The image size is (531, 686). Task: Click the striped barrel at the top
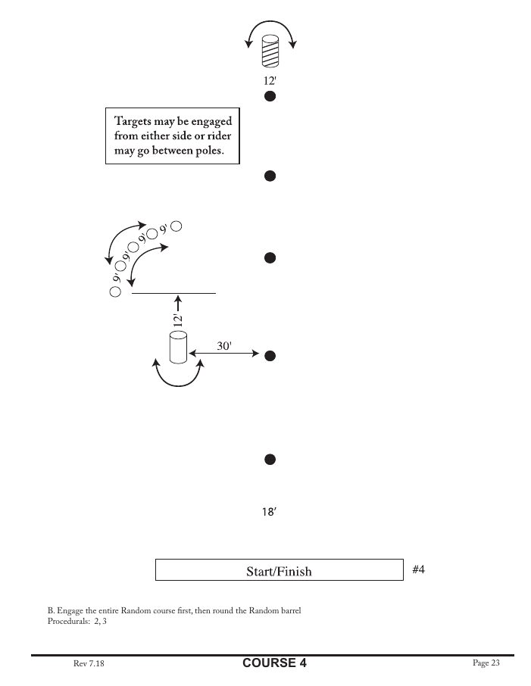[269, 51]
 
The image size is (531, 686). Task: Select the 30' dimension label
[224, 345]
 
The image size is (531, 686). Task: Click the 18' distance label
[269, 513]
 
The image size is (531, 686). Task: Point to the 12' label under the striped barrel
[269, 78]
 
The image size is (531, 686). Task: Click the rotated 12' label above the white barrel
[177, 320]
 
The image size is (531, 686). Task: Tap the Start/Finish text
[279, 571]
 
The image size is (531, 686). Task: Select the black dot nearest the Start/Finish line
[269, 459]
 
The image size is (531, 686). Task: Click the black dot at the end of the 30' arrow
[269, 355]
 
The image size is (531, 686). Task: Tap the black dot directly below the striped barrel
[269, 96]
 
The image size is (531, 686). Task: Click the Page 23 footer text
[486, 663]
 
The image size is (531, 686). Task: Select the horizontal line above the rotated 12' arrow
[173, 292]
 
